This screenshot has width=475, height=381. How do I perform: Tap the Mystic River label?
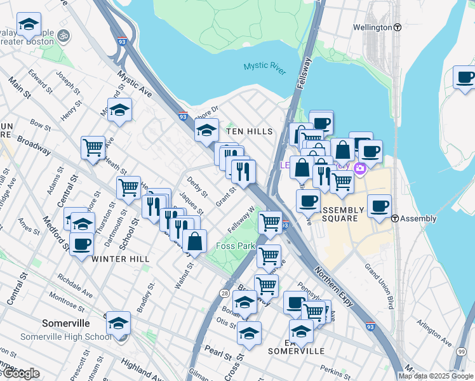tap(265, 68)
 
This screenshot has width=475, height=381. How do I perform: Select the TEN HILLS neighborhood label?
tap(250, 131)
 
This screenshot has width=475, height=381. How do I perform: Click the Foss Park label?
tap(236, 246)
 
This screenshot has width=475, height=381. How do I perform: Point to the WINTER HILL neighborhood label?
tap(121, 259)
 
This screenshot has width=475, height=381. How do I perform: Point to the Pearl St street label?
tap(214, 350)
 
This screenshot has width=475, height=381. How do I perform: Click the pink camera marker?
tap(360, 169)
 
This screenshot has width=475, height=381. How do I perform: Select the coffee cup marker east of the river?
tap(465, 78)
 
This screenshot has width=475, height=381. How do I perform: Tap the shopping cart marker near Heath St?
tap(93, 148)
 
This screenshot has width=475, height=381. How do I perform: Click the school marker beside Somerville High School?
tap(118, 323)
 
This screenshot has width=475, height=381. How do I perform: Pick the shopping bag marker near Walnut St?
tap(194, 241)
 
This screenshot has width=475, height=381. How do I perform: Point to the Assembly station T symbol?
tap(395, 218)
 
